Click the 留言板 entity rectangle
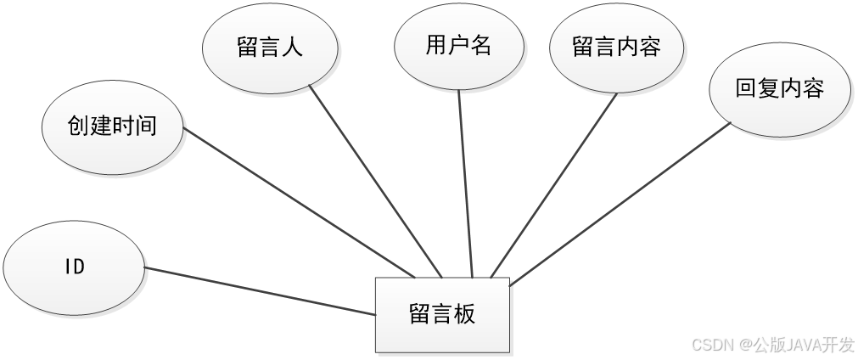(x=443, y=314)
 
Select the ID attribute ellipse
(x=74, y=267)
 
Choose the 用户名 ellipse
(x=458, y=47)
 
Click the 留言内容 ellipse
(x=616, y=48)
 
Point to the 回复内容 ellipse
(x=779, y=88)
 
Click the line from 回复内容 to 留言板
(x=620, y=203)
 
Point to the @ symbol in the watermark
(x=743, y=344)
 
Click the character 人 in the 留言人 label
(x=292, y=48)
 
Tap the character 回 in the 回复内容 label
(x=746, y=88)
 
